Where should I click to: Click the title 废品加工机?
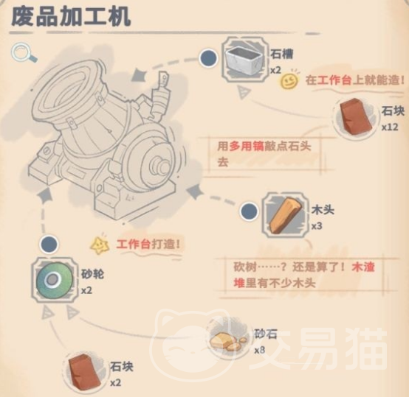coord(71,17)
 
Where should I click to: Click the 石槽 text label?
coord(281,53)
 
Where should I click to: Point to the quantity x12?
coord(390,127)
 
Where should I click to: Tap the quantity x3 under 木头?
coord(317,226)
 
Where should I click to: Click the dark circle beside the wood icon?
coord(250,212)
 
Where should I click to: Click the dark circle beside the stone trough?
coord(209,58)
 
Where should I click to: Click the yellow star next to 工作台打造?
coord(100,244)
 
